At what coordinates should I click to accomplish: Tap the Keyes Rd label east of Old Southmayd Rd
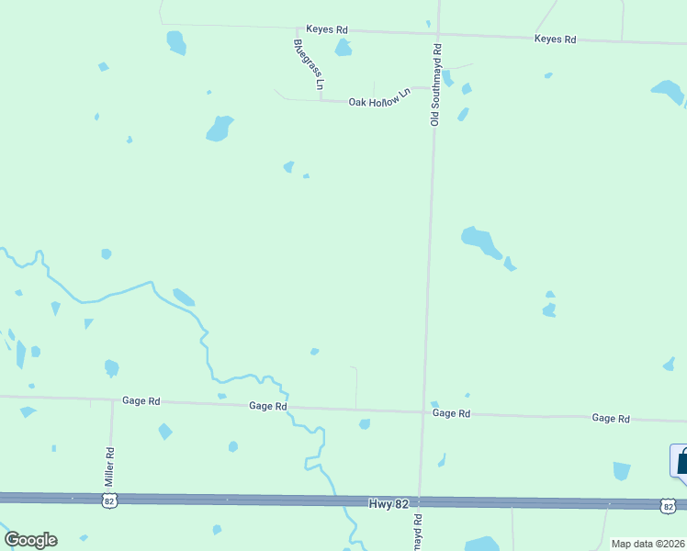click(x=555, y=39)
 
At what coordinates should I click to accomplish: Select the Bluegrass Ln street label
click(x=309, y=64)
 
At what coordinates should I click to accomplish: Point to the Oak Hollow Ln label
click(x=378, y=99)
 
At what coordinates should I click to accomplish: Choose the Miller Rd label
click(x=109, y=467)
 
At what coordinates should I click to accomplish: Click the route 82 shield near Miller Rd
click(x=109, y=500)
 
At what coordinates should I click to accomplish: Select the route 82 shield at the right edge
click(x=668, y=506)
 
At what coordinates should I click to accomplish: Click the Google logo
click(x=30, y=540)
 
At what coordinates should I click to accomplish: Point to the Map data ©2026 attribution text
click(x=648, y=544)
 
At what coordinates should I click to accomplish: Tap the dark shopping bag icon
click(x=681, y=461)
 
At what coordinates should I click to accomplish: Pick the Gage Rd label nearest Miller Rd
click(x=141, y=401)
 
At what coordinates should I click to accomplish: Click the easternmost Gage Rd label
click(x=611, y=418)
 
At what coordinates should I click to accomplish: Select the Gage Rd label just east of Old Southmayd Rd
click(x=451, y=414)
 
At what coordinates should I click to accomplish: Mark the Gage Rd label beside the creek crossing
click(x=268, y=406)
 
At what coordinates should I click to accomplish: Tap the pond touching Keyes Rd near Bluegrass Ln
click(x=343, y=48)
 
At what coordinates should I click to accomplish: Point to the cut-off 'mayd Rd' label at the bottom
click(x=418, y=532)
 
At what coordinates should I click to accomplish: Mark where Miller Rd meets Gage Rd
click(x=113, y=400)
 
